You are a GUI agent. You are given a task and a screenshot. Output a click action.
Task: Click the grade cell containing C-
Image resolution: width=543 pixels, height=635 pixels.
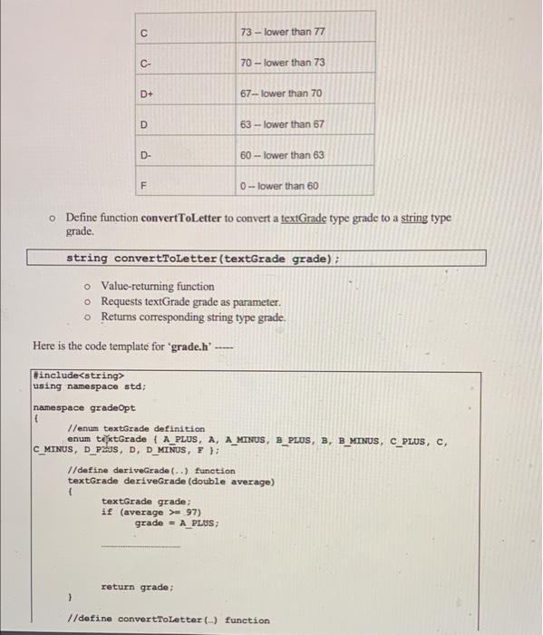coord(145,63)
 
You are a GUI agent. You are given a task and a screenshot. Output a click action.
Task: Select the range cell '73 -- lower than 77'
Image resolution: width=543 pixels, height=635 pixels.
coord(282,32)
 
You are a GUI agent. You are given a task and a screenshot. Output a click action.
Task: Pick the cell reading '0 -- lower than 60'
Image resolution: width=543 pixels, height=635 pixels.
coord(279,186)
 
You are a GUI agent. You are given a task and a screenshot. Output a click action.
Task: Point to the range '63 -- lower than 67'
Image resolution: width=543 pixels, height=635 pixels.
coord(282,124)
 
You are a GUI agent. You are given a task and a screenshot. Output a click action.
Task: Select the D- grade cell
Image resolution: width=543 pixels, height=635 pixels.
coord(145,155)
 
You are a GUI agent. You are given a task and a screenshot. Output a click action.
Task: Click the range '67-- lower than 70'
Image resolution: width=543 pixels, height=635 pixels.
coord(281,93)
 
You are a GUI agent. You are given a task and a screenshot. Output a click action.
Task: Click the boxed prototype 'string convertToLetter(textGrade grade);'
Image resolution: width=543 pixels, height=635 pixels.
coord(202,259)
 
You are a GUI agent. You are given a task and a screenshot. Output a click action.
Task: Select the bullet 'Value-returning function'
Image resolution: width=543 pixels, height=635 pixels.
coord(158,286)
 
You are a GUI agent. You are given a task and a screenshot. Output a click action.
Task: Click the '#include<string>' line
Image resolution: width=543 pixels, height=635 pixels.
coord(78,373)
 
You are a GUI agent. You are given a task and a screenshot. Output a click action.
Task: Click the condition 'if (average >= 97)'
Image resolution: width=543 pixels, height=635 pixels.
coord(153,512)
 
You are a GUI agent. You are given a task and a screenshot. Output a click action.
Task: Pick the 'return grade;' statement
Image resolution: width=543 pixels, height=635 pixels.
coord(139,587)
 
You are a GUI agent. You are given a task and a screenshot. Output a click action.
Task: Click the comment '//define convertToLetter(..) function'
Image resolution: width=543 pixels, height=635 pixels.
coord(169,620)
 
